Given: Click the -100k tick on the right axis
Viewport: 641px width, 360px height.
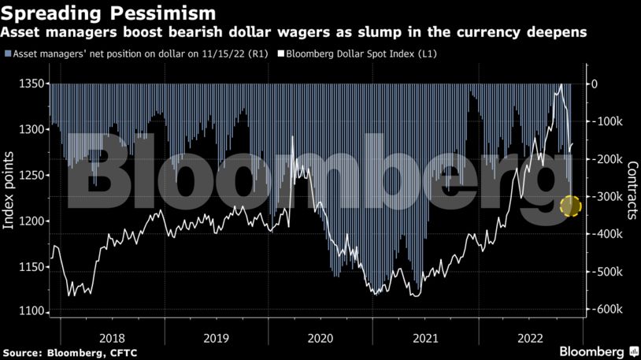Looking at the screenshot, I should (x=607, y=121).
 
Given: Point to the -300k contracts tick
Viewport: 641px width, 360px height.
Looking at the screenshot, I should (x=607, y=197).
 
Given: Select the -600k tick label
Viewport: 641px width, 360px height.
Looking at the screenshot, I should (x=607, y=310).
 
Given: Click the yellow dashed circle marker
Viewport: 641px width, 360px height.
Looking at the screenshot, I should (x=571, y=206).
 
